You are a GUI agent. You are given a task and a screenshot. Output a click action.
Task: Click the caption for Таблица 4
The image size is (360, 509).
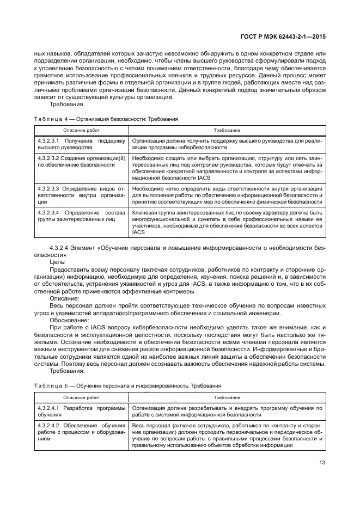point(106,118)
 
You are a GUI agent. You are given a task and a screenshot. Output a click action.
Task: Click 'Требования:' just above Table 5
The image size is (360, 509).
point(66,372)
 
